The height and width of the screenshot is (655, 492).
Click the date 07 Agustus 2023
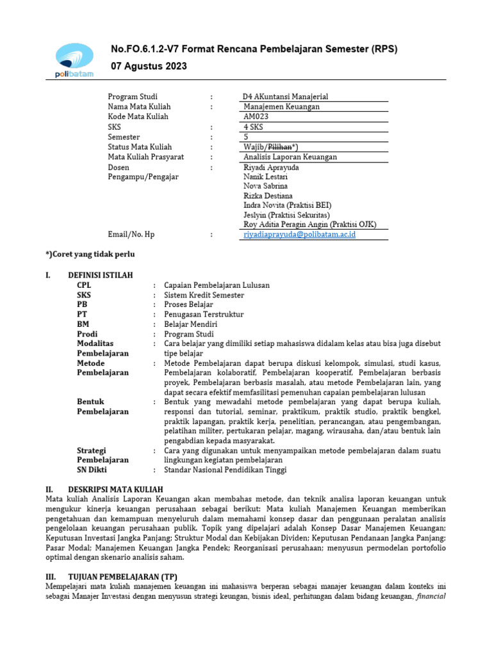pos(150,67)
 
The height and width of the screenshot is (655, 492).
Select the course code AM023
pos(256,116)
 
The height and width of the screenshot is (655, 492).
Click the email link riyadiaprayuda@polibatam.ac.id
pos(299,235)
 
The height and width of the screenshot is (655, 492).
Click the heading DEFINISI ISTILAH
pos(101,274)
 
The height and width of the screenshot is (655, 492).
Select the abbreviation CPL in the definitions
pos(85,285)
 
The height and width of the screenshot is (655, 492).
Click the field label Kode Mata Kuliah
pos(138,116)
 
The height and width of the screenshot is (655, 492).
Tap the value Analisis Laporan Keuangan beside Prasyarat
pos(290,157)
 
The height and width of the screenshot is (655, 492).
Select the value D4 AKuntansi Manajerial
pos(285,97)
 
